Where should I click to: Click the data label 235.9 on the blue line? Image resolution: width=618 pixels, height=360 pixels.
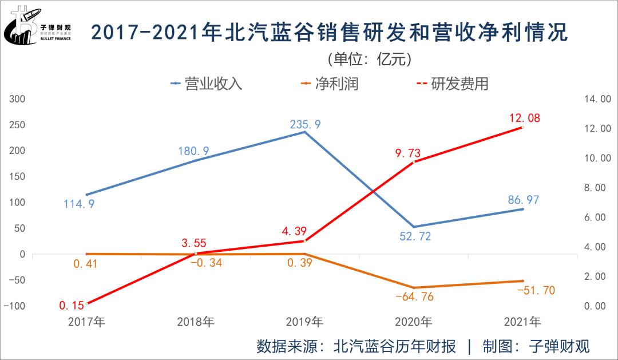306,123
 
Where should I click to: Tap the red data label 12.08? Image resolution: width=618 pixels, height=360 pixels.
524,118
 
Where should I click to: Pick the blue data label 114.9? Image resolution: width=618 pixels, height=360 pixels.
80,204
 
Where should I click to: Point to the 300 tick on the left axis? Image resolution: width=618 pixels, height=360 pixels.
18,99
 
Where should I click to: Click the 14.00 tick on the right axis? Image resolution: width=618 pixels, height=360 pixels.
597,99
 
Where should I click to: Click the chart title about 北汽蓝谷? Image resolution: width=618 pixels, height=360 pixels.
330,33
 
